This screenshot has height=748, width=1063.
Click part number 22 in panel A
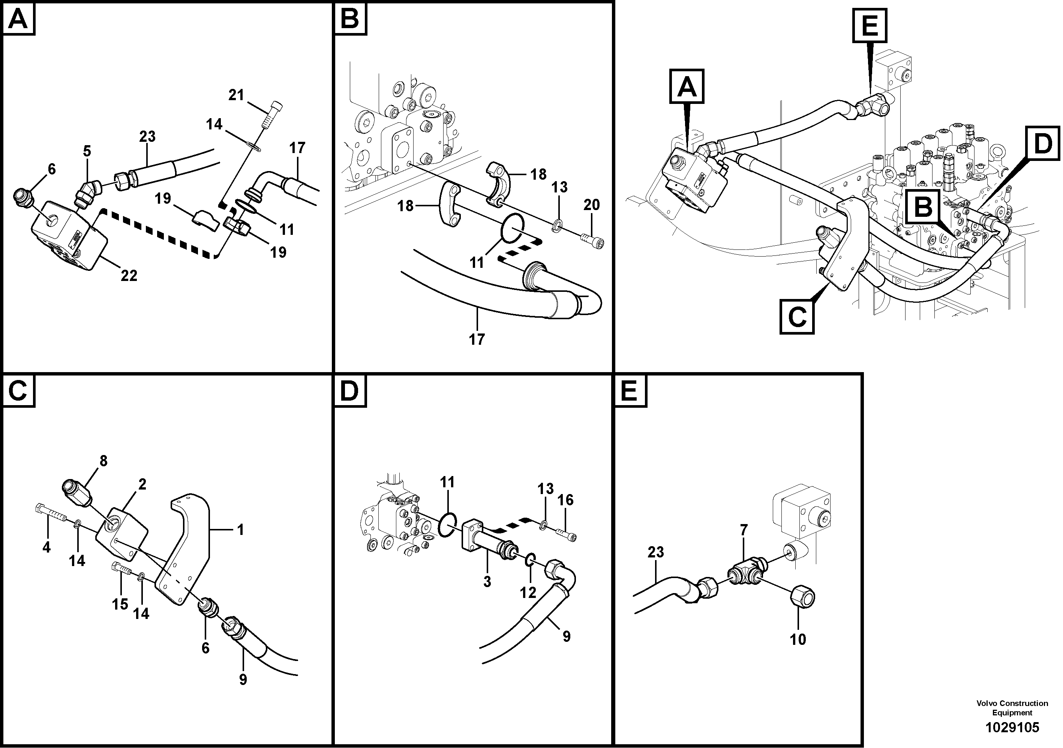point(129,276)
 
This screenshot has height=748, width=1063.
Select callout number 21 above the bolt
point(236,95)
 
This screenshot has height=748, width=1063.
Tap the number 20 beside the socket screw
point(591,205)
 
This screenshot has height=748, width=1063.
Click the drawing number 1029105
point(1012,727)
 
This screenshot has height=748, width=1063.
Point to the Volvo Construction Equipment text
point(1012,708)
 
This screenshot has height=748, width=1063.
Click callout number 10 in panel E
point(798,640)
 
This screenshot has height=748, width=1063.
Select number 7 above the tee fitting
point(744,530)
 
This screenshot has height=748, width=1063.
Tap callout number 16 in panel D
point(565,500)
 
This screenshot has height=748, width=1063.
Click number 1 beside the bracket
point(240,529)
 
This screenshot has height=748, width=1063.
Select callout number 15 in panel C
point(120,604)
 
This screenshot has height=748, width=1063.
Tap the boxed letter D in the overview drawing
point(1043,144)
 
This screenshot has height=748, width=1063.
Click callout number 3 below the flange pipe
point(487,582)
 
